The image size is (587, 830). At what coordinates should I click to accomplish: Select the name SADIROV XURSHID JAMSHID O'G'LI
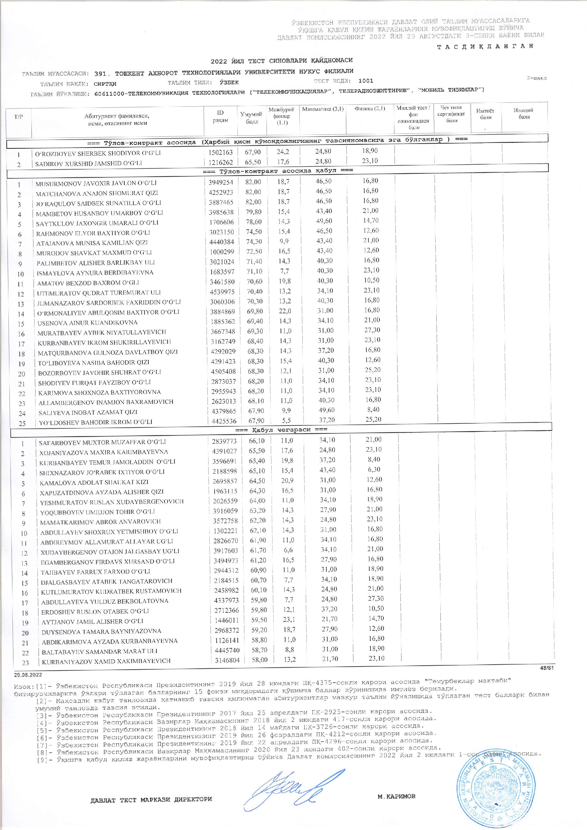coord(89,163)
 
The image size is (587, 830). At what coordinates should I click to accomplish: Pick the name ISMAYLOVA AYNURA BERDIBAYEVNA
coord(95,272)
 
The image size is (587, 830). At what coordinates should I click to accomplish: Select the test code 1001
coord(366,81)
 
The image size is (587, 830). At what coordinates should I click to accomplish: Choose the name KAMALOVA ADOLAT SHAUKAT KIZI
coord(94,482)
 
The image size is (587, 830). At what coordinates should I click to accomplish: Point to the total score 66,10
coord(257,441)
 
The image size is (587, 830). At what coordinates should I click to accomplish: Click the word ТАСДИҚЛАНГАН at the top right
coord(485,46)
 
